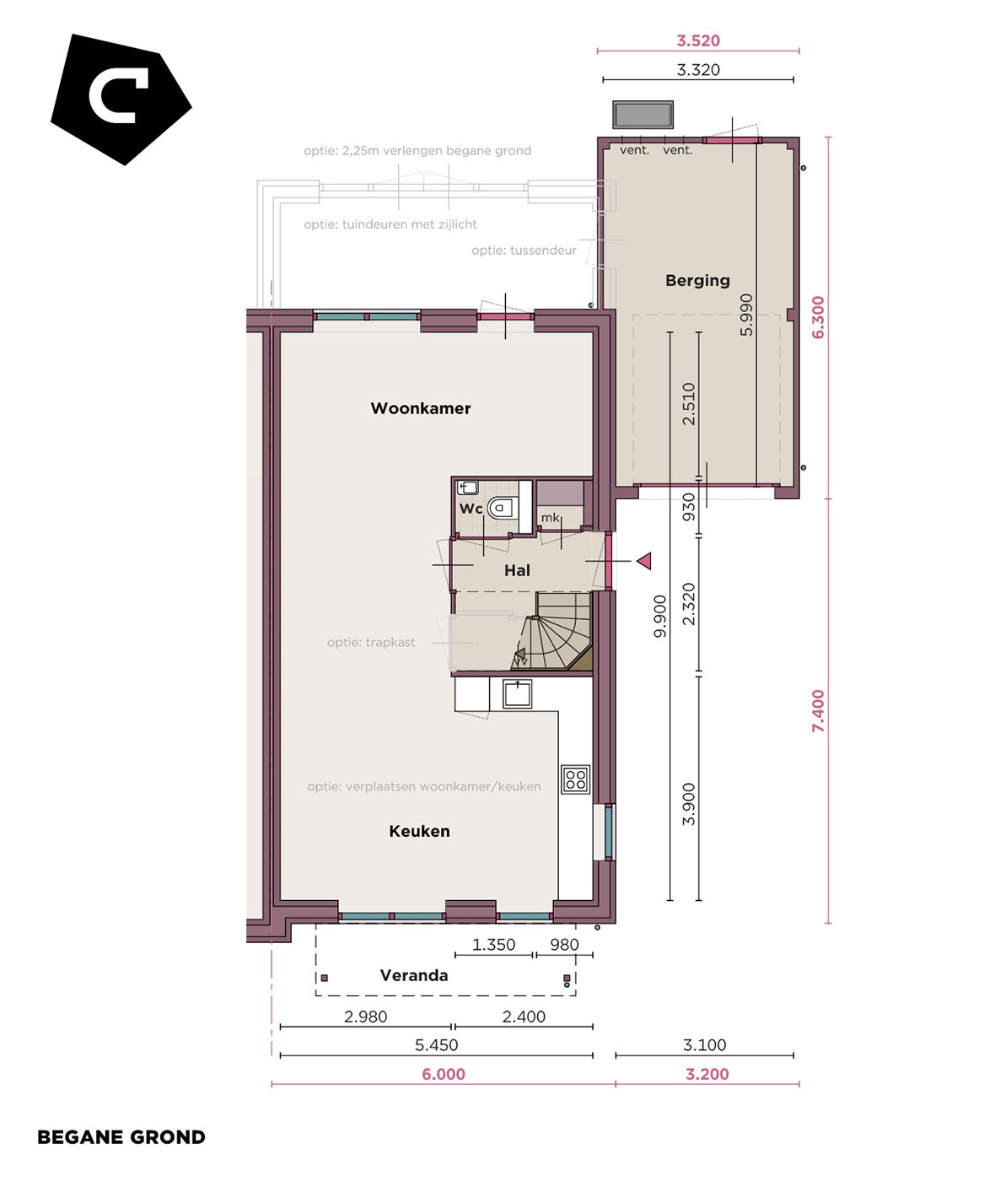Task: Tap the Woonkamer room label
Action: click(x=420, y=408)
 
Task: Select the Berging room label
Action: click(x=697, y=280)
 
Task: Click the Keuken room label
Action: click(x=419, y=831)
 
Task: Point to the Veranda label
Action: click(x=413, y=975)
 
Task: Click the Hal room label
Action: click(x=517, y=570)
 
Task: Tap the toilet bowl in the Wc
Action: click(x=502, y=508)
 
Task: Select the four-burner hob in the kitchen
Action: click(x=576, y=779)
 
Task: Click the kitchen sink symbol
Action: click(x=517, y=693)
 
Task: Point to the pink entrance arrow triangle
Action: click(x=644, y=560)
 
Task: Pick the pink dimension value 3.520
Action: click(x=698, y=40)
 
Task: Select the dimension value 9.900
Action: click(x=660, y=616)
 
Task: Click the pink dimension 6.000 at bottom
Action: click(x=444, y=1074)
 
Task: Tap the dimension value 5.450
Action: click(x=436, y=1044)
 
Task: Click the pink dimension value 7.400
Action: click(x=818, y=710)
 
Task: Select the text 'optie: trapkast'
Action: click(x=371, y=642)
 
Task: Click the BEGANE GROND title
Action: click(x=121, y=1137)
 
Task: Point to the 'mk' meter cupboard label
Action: click(x=550, y=517)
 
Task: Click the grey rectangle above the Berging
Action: click(x=643, y=114)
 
